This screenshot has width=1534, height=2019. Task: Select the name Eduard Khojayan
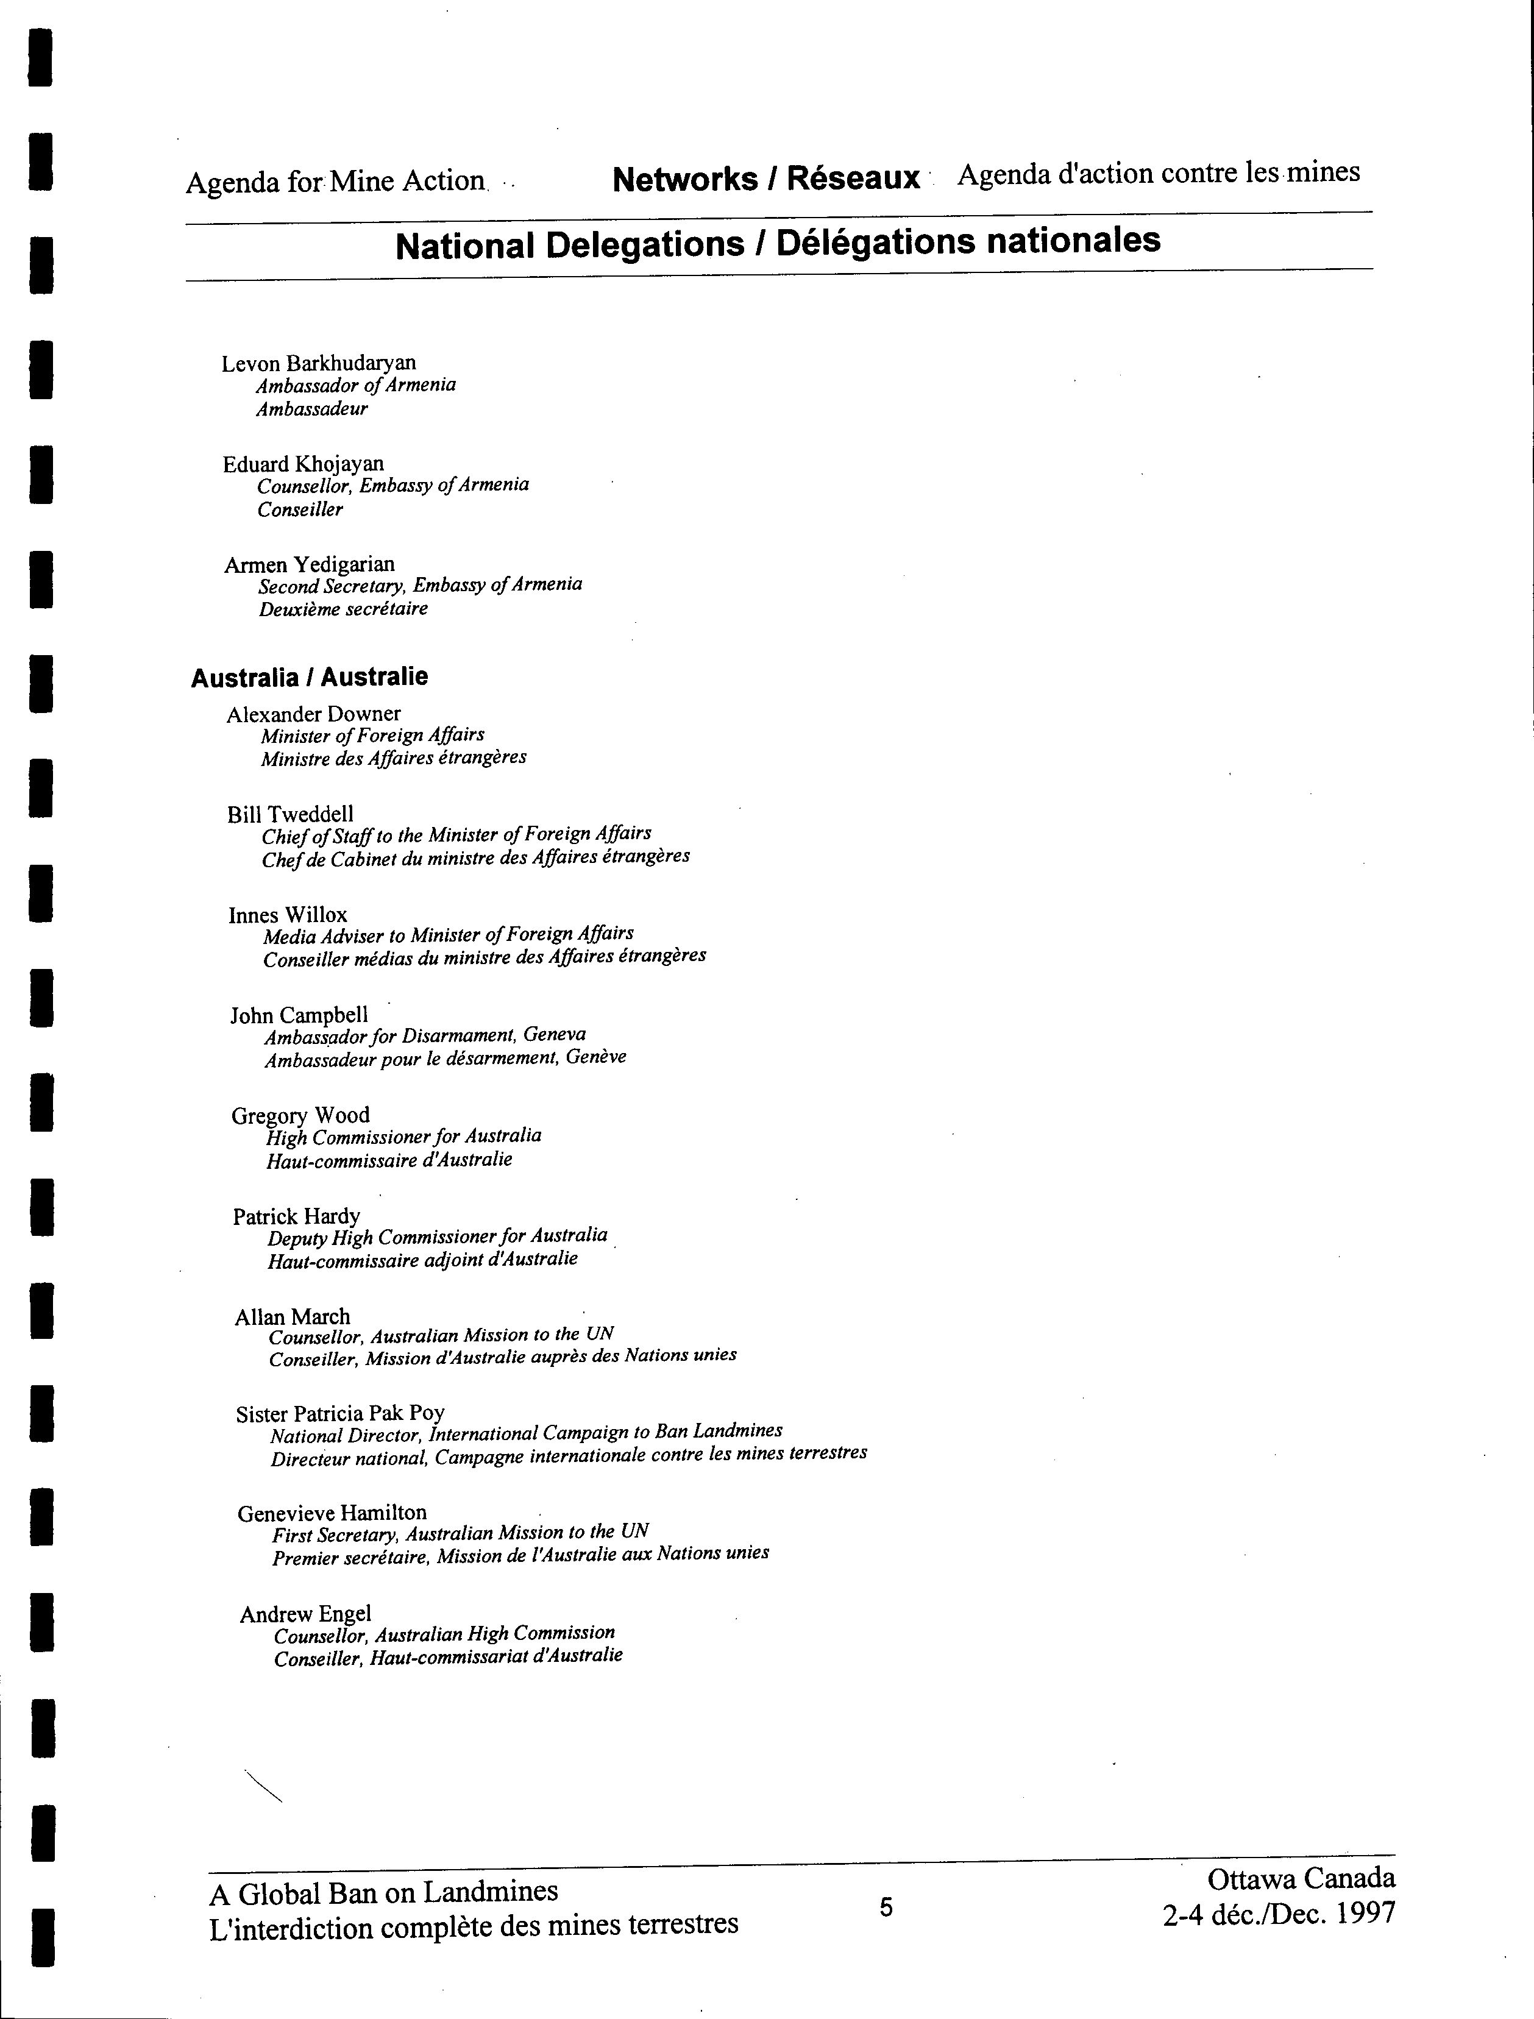tap(303, 464)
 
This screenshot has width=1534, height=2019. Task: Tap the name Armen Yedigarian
tap(310, 564)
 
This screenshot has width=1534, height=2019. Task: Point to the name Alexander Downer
tap(313, 714)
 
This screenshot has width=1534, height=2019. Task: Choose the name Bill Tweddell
tap(290, 815)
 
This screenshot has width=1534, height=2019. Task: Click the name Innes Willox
tap(288, 915)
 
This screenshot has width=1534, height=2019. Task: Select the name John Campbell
tap(299, 1015)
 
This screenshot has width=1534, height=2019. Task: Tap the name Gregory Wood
tap(300, 1116)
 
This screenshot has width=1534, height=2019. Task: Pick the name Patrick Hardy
tap(297, 1216)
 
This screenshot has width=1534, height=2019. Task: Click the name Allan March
tap(292, 1317)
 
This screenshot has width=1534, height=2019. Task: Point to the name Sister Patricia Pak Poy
tap(339, 1414)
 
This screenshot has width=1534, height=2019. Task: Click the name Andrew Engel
tap(305, 1614)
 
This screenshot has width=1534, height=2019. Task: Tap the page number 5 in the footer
tap(886, 1907)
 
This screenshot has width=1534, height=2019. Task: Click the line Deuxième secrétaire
tap(343, 609)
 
